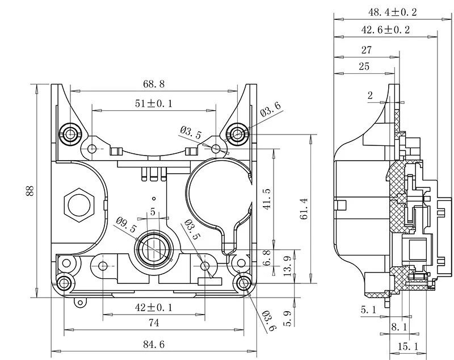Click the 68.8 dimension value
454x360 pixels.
pos(153,84)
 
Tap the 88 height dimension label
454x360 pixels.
pos(29,191)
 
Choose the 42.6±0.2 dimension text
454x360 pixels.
pos(385,30)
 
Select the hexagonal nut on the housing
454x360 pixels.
pos(78,204)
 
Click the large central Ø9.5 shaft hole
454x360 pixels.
pos(153,248)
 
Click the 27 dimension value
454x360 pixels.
pos(366,50)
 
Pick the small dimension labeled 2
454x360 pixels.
pos(370,96)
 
